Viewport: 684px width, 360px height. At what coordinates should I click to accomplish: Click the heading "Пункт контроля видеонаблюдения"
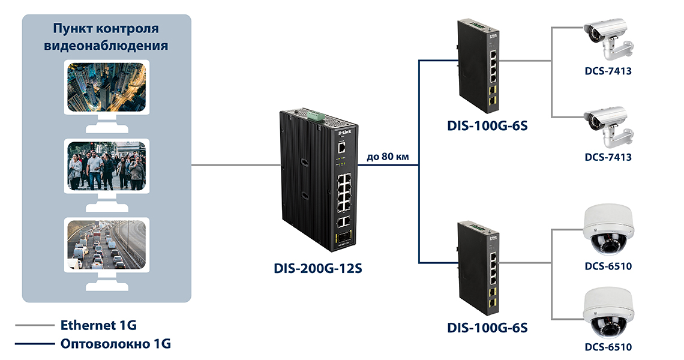point(106,37)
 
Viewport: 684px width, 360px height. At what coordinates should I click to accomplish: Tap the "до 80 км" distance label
point(388,157)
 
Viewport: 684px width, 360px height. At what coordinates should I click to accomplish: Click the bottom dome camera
point(608,314)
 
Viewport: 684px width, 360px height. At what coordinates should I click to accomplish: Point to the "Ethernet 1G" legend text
point(98,326)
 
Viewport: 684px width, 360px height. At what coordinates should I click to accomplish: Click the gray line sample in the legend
point(34,326)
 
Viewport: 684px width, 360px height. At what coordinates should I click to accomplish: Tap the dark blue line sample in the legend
point(34,344)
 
